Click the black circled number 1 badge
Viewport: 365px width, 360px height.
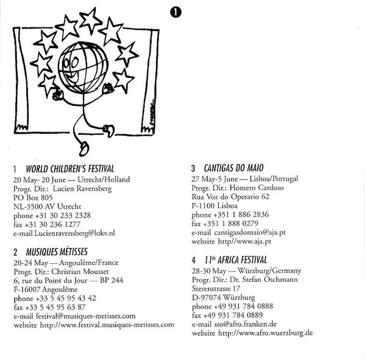[175, 12]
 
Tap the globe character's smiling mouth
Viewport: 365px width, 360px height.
[71, 77]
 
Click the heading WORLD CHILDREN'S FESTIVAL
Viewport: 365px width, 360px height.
[70, 169]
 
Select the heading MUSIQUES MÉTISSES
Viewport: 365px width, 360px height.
[57, 252]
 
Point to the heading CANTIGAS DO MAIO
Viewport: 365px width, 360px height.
[234, 168]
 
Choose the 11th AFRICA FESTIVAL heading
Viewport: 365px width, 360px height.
[236, 260]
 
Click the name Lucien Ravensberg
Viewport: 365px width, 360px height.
[82, 189]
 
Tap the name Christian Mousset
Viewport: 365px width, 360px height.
[80, 272]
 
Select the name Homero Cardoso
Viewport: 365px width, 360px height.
[257, 188]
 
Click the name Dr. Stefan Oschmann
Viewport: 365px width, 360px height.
[264, 280]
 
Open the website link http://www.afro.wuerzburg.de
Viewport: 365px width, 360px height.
[265, 333]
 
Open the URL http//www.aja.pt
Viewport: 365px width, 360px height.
[244, 241]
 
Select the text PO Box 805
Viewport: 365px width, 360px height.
[33, 197]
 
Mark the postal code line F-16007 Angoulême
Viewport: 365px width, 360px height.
[46, 289]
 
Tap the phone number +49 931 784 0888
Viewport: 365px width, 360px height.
[243, 306]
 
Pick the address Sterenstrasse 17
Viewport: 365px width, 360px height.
[216, 289]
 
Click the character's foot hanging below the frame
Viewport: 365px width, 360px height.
[84, 149]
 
